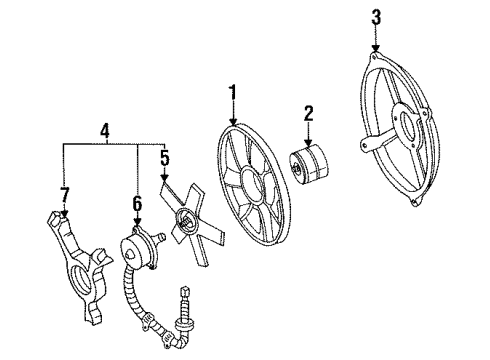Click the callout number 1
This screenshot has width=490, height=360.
pyautogui.click(x=232, y=94)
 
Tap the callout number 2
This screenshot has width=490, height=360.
pyautogui.click(x=309, y=113)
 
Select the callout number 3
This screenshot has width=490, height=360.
pyautogui.click(x=376, y=16)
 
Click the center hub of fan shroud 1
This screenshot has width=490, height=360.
pyautogui.click(x=252, y=185)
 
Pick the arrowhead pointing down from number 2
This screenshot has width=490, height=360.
pyautogui.click(x=309, y=140)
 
